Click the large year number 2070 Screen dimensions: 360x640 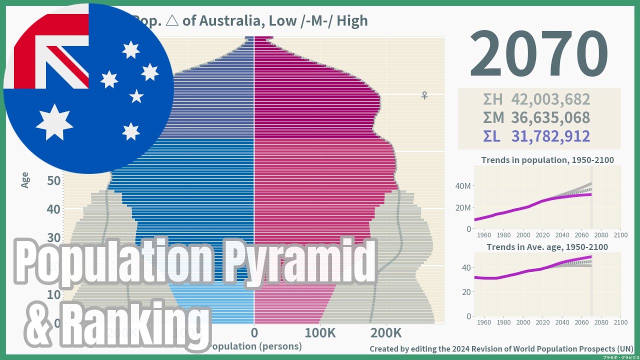click(538, 54)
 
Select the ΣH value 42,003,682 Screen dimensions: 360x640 click(550, 99)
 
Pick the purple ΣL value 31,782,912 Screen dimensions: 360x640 click(550, 136)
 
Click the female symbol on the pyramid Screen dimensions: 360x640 click(424, 95)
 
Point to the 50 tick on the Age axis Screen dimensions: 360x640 click(54, 180)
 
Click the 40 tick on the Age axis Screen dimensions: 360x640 click(54, 209)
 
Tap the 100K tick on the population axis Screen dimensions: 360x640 click(320, 333)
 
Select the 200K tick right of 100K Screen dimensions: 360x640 click(385, 333)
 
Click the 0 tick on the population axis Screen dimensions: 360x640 click(254, 333)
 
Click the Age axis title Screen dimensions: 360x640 click(25, 180)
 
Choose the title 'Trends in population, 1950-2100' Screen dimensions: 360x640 click(547, 160)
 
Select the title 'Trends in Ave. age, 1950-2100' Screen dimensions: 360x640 click(547, 247)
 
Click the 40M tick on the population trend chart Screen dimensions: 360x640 click(463, 186)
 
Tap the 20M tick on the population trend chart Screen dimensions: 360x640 click(463, 208)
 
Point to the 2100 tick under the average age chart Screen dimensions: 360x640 click(620, 322)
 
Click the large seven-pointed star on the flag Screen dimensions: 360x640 click(54, 122)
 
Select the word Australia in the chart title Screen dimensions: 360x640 click(231, 21)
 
